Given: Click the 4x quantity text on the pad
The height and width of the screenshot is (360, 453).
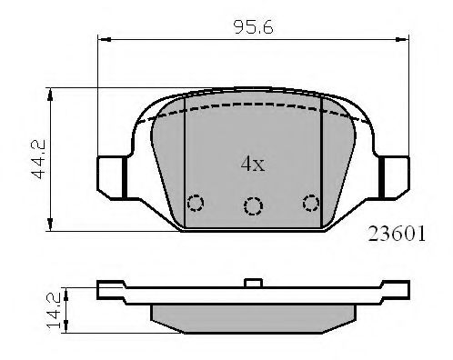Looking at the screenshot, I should click(x=251, y=165).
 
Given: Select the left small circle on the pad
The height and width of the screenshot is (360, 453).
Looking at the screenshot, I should click(x=194, y=203).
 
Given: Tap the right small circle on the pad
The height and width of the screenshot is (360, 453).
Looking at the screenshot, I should click(x=312, y=203).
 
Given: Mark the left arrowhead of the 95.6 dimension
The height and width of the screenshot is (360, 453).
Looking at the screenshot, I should click(x=102, y=39).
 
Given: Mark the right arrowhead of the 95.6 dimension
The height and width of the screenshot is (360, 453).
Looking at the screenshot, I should click(x=403, y=39).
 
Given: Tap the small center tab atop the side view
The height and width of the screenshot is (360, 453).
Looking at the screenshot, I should click(x=253, y=283).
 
